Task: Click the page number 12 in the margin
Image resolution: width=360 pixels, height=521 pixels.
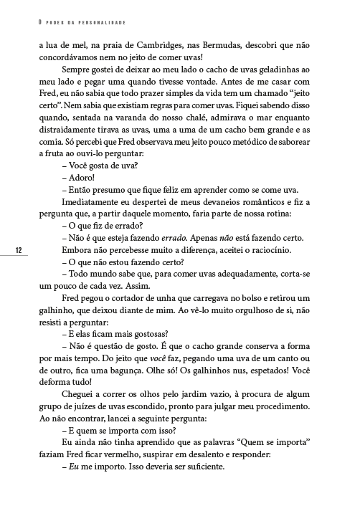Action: pos(19,249)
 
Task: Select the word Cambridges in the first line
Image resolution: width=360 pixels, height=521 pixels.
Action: pos(161,44)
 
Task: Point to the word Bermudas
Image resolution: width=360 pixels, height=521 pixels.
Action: pos(228,44)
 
